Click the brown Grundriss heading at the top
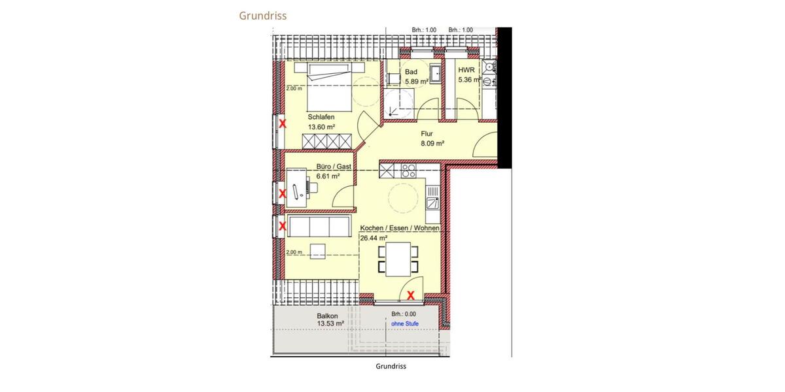tap(262, 16)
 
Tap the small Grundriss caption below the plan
tap(391, 366)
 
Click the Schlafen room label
tap(321, 117)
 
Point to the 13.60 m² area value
tap(321, 127)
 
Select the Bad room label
tap(411, 72)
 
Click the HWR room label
tap(466, 69)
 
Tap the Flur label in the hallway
tap(427, 133)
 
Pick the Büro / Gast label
tap(334, 167)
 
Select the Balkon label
tap(327, 315)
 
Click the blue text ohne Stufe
tap(404, 323)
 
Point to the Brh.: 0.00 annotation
tap(404, 314)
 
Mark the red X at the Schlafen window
tap(283, 123)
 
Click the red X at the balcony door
tap(411, 295)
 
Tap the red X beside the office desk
tap(283, 193)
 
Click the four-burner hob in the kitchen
tap(409, 171)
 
